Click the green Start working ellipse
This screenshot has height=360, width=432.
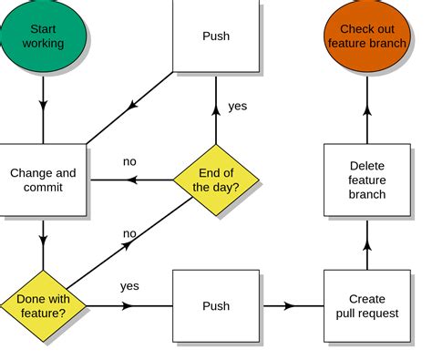pos(43,37)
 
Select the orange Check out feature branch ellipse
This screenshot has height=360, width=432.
pos(367,37)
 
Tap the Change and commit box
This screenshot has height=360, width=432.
pos(43,180)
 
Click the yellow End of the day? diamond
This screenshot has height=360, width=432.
pos(216,180)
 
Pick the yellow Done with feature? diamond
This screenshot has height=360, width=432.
pos(43,305)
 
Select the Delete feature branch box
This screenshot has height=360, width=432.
pos(367,180)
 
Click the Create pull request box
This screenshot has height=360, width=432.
pos(367,305)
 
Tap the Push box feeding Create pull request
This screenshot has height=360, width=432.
pos(216,305)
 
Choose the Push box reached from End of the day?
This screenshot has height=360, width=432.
pos(216,37)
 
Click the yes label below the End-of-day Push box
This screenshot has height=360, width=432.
pos(237,106)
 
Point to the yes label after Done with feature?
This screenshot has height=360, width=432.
pos(129,286)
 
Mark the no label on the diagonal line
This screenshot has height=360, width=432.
pos(130,233)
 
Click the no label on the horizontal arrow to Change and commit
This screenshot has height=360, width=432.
pos(129,162)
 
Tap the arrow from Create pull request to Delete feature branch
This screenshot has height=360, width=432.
pos(367,242)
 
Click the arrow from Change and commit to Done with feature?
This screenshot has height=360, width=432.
pos(43,242)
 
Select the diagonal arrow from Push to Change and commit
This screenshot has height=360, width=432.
pos(131,106)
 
